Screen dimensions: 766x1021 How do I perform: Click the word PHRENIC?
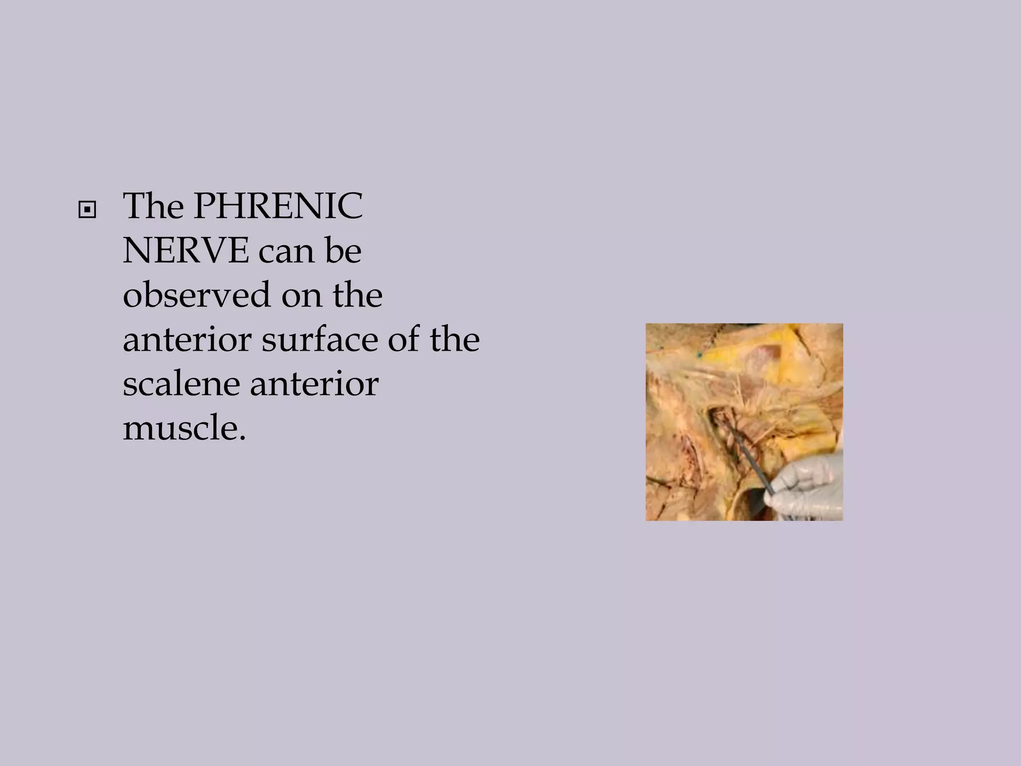(x=278, y=206)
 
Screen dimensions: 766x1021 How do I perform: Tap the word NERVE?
(x=185, y=250)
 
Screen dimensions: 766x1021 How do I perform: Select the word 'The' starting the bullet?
(x=154, y=206)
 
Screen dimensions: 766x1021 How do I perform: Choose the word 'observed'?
(x=196, y=295)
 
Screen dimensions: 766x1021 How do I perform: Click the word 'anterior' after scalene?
(x=314, y=384)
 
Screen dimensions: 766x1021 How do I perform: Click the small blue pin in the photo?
(x=699, y=355)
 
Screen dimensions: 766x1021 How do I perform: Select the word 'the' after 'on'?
(x=358, y=295)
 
